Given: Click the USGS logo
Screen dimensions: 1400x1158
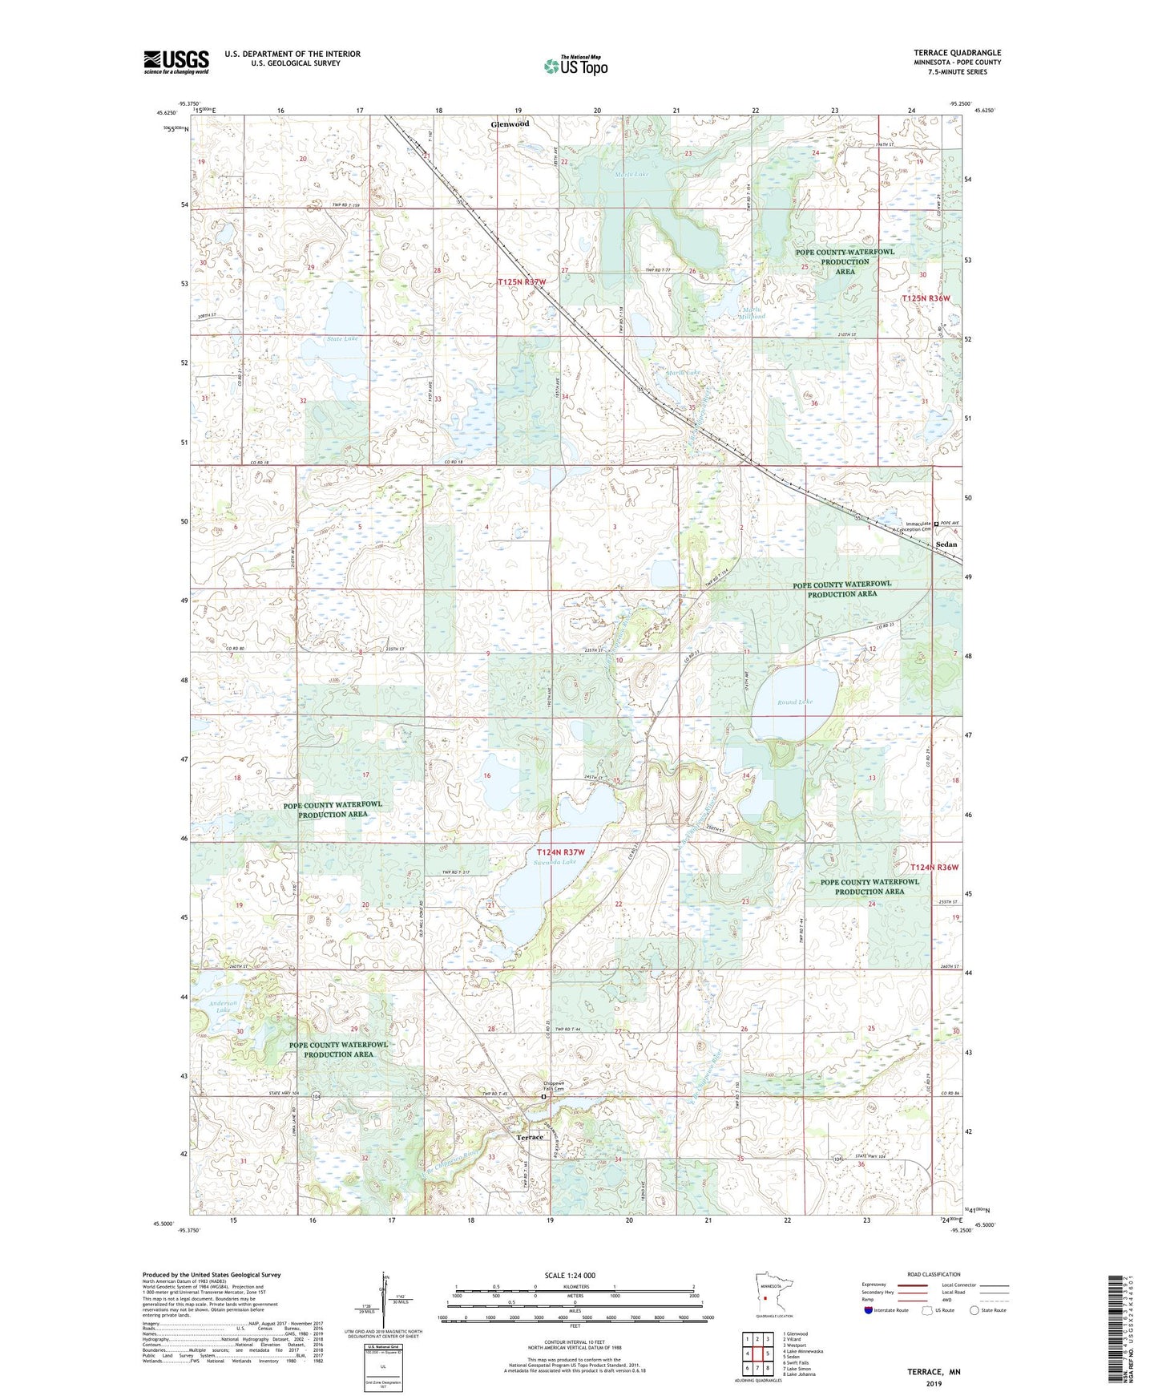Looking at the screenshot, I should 176,62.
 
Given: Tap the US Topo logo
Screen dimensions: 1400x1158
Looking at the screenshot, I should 575,66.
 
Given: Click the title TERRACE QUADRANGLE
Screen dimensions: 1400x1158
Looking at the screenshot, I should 957,53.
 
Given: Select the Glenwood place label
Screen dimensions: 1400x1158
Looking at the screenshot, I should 510,124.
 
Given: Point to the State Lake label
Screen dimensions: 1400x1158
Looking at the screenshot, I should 342,338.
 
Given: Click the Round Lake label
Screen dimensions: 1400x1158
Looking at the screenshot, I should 794,702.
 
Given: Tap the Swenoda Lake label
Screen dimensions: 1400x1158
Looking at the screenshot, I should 555,862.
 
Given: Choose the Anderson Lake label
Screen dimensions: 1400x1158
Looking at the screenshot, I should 223,1006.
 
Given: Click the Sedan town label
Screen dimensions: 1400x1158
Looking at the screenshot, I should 946,544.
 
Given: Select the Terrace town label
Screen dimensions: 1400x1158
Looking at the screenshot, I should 529,1137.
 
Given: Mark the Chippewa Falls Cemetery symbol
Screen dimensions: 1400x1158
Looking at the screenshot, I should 543,1095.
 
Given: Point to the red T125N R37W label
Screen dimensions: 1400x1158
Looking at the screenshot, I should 522,282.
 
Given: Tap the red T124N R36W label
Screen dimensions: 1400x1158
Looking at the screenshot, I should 934,868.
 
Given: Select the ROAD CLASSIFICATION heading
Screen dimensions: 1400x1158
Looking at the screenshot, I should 934,1274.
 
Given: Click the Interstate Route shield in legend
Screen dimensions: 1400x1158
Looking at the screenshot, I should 869,1310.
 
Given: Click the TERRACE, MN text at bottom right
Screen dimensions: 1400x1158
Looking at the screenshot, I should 934,1372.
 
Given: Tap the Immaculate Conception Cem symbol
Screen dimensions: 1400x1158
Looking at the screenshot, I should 936,523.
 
